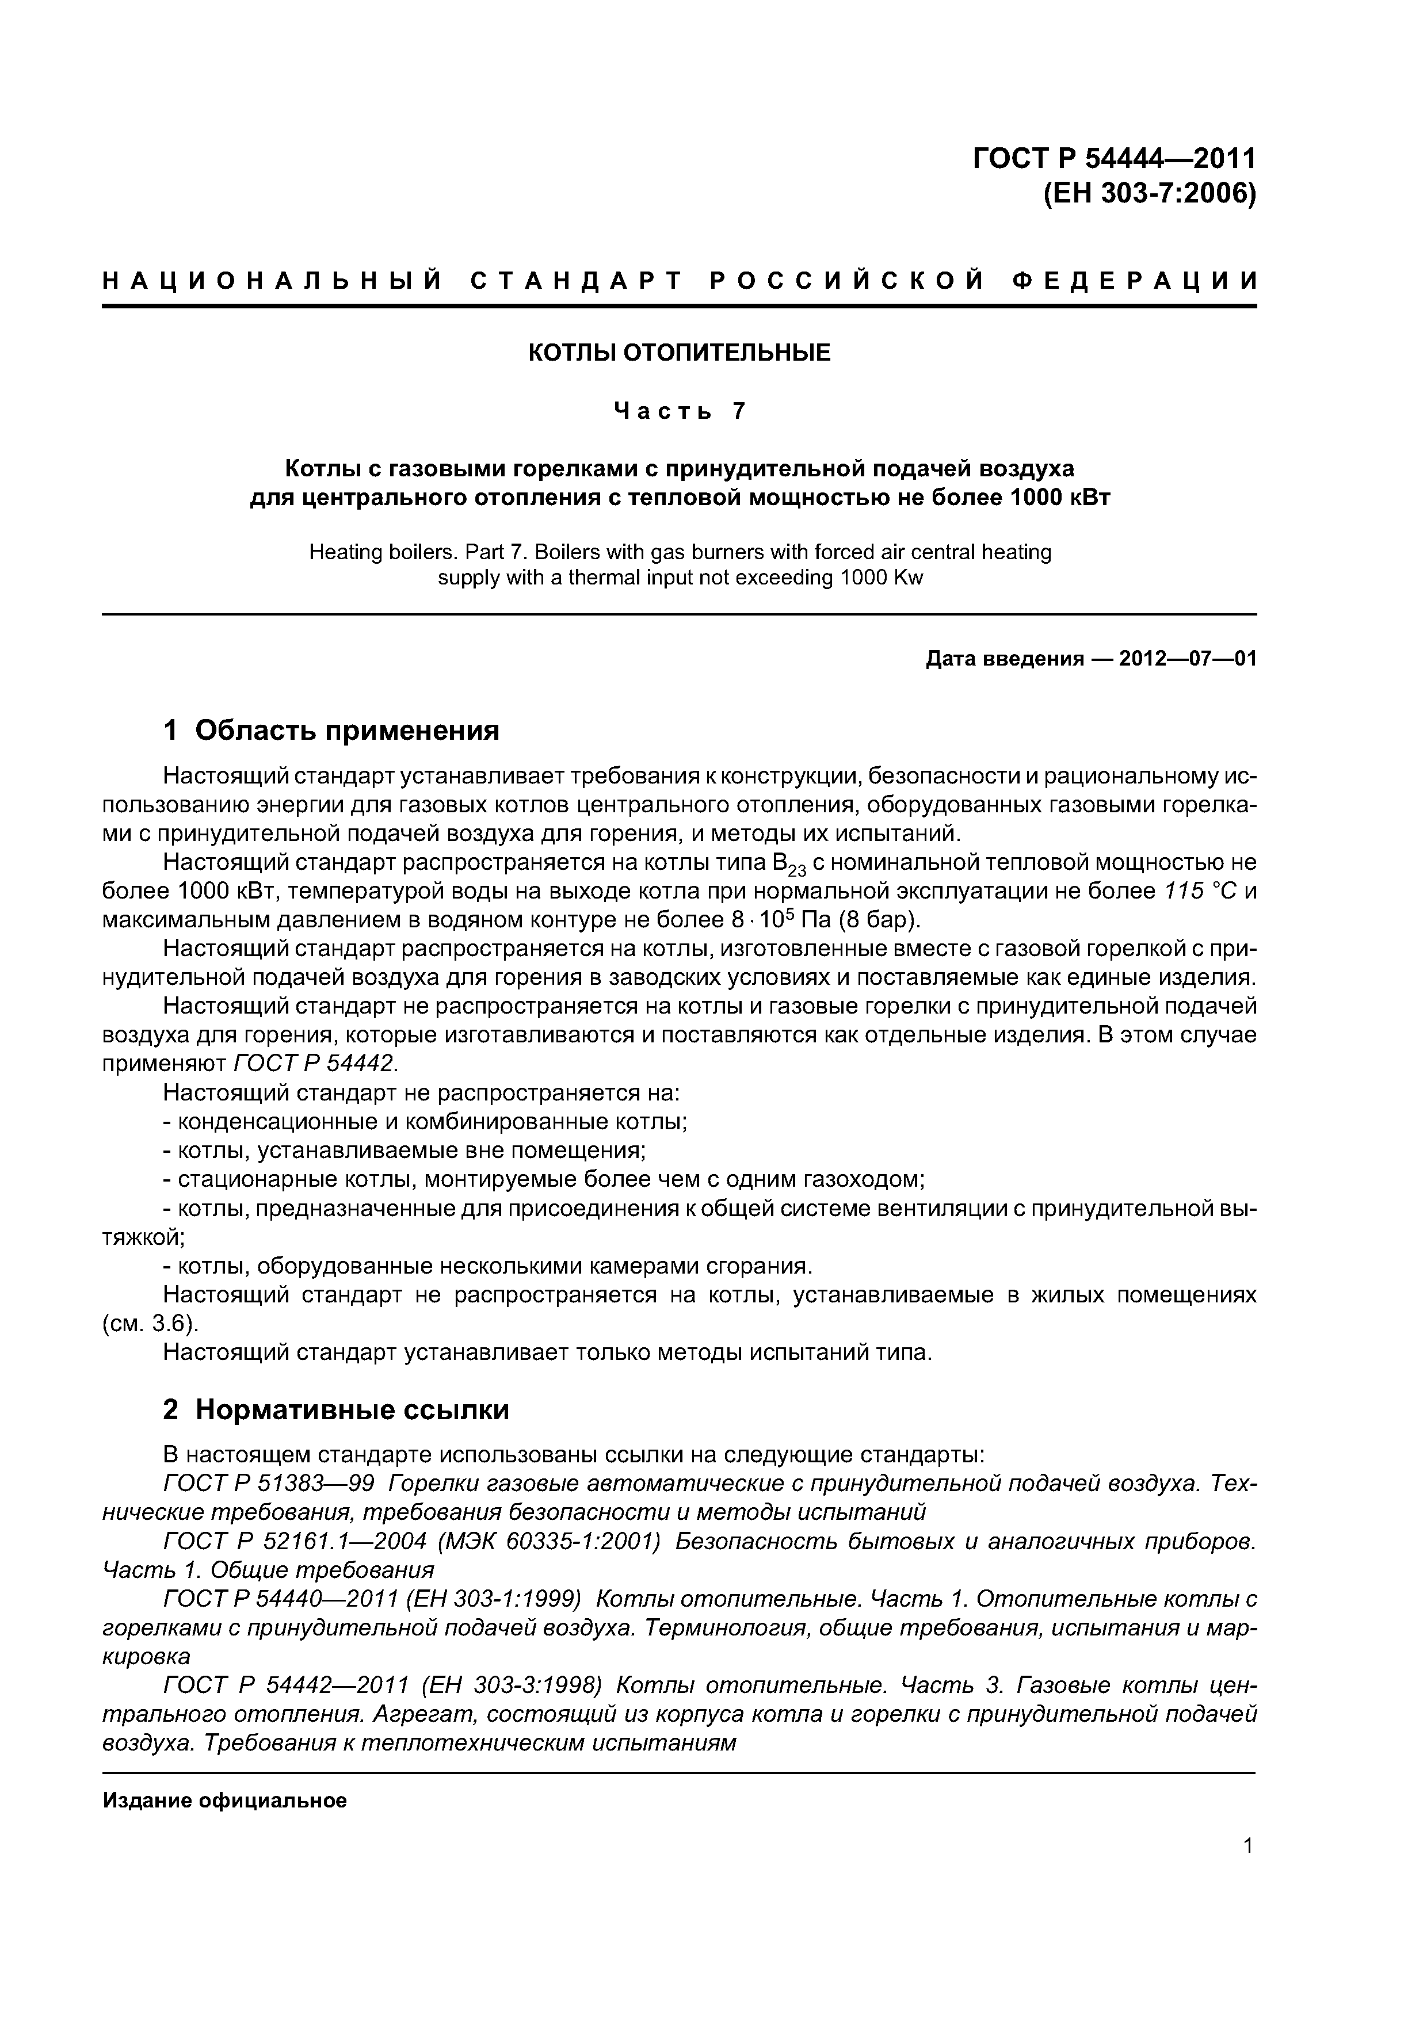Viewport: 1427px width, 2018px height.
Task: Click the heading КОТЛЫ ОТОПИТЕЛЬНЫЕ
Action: [x=679, y=353]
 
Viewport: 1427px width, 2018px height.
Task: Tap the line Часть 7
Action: [x=679, y=411]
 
